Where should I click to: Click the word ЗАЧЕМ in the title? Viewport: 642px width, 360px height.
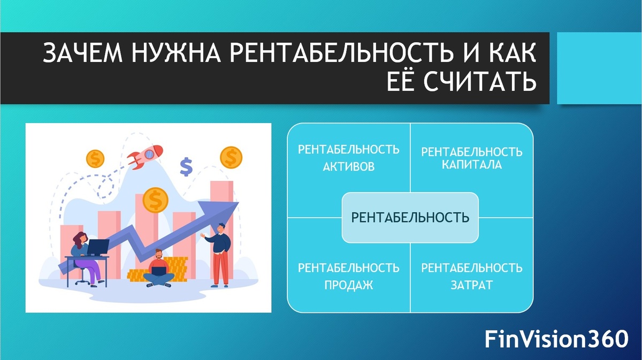pos(83,53)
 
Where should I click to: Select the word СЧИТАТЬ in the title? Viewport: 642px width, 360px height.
pos(480,81)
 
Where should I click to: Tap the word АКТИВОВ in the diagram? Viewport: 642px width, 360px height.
pos(348,166)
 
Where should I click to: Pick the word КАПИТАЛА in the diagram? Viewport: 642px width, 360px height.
pos(472,165)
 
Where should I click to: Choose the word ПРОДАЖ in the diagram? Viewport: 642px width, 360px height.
pos(348,285)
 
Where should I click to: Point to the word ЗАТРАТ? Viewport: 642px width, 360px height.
pos(472,285)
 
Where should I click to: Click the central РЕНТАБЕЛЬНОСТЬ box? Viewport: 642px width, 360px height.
pos(410,218)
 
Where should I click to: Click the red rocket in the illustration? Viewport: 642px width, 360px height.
pos(146,157)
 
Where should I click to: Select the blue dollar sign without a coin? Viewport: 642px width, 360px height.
pos(186,166)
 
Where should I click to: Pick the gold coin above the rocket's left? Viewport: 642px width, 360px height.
pos(95,158)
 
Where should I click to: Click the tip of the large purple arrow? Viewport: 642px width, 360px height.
pos(238,202)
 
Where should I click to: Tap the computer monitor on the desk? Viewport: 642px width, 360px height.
pos(98,247)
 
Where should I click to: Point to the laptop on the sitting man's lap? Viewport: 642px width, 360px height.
pos(158,271)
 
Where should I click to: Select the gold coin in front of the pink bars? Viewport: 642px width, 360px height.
pos(155,200)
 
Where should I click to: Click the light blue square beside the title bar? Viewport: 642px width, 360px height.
pos(599,68)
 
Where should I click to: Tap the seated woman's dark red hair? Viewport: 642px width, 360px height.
pos(79,240)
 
